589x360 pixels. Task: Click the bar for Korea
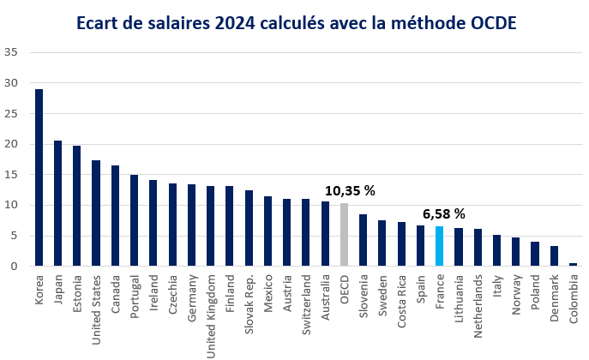(x=39, y=177)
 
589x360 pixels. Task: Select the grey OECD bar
(x=344, y=235)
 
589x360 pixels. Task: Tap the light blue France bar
(x=439, y=246)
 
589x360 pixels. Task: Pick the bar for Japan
(x=57, y=203)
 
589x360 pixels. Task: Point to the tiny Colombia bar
(x=573, y=265)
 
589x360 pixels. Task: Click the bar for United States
(x=96, y=213)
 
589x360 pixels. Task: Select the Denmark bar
(x=554, y=256)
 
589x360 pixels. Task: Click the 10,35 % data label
(x=350, y=190)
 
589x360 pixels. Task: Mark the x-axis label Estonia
(x=78, y=293)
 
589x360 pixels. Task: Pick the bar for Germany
(x=191, y=225)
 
